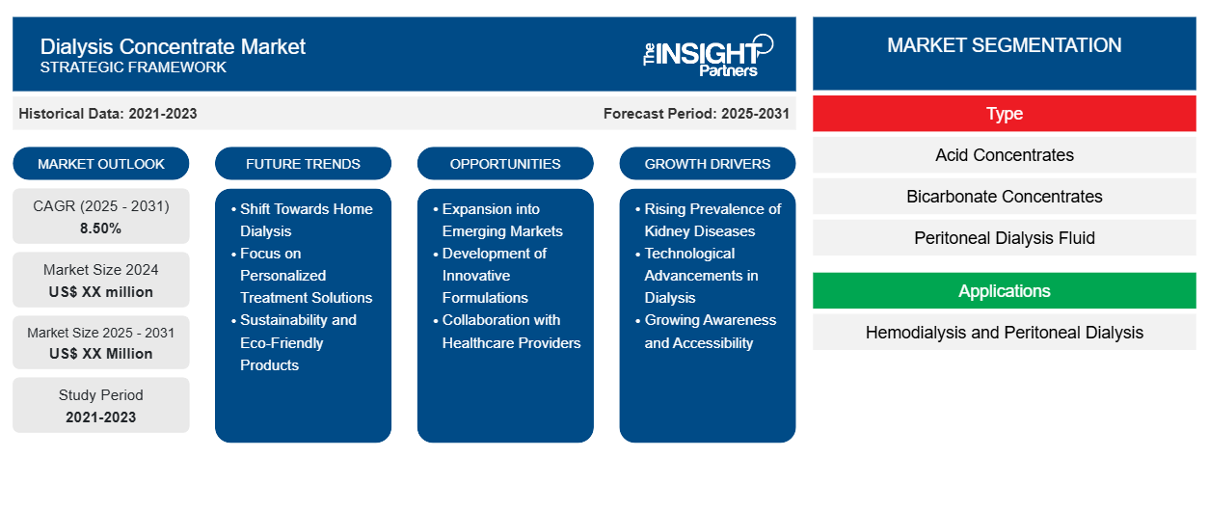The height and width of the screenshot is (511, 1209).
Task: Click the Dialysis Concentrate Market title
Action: click(173, 45)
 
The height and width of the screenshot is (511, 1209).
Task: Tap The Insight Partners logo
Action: click(708, 54)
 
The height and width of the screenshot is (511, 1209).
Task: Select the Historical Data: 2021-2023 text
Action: click(108, 114)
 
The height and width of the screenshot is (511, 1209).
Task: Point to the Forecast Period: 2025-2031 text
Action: click(696, 114)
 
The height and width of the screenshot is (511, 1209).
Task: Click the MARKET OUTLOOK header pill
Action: click(101, 164)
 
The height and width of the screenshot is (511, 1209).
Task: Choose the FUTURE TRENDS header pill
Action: click(303, 164)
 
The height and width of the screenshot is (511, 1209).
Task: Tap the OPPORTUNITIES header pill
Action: click(505, 164)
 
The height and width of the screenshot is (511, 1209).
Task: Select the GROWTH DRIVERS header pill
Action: click(708, 164)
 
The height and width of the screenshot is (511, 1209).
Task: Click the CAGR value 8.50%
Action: click(101, 229)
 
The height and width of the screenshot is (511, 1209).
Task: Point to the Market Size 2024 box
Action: click(101, 280)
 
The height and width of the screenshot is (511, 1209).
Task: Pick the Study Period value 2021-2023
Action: click(101, 417)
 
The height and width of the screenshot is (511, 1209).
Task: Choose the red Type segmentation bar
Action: click(1004, 114)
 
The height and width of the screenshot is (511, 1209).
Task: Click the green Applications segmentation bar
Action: click(1004, 291)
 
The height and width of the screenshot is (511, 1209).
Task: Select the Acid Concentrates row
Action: click(1004, 155)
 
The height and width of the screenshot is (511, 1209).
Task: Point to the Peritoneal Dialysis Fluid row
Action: click(1004, 238)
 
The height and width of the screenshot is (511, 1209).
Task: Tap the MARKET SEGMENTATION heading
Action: click(1004, 45)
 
